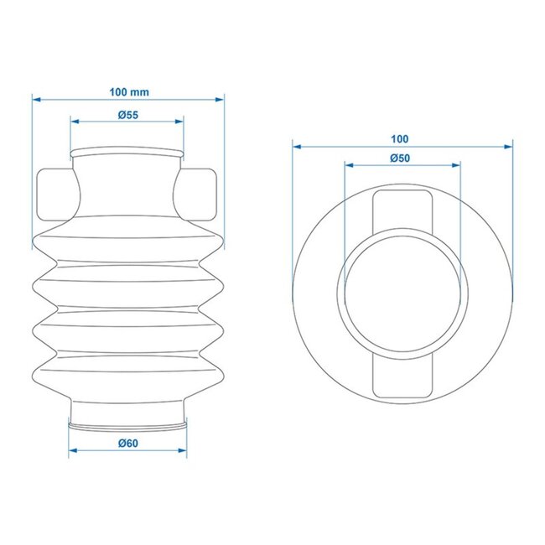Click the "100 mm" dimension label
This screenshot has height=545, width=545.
coord(128,90)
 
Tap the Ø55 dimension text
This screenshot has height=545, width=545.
coord(127,113)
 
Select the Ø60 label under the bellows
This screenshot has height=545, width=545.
coord(127,442)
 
